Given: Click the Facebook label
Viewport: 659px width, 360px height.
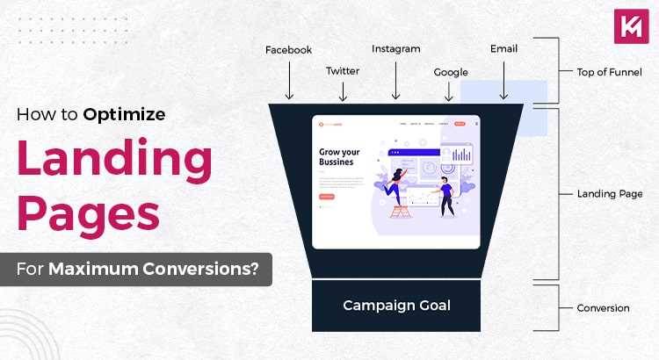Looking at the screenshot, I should tap(289, 50).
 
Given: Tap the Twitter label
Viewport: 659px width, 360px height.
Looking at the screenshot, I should tap(343, 70).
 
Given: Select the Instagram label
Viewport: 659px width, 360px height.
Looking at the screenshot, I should tap(395, 49).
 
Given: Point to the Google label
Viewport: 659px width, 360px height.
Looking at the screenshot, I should tap(451, 72).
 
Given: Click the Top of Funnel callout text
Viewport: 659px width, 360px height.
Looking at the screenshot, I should tap(610, 72).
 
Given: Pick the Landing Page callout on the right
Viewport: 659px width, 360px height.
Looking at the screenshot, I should tap(610, 194).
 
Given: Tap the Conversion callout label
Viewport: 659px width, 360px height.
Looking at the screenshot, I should tap(603, 308).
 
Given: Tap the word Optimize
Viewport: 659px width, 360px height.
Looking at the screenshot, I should tap(125, 113).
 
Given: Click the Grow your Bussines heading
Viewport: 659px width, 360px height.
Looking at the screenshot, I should tap(341, 157).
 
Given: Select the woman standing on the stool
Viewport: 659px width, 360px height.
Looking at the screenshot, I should tap(395, 185).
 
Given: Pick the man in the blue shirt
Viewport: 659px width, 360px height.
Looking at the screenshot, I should tap(446, 195).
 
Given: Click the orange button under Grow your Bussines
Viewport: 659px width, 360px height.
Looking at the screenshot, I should tap(326, 197).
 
